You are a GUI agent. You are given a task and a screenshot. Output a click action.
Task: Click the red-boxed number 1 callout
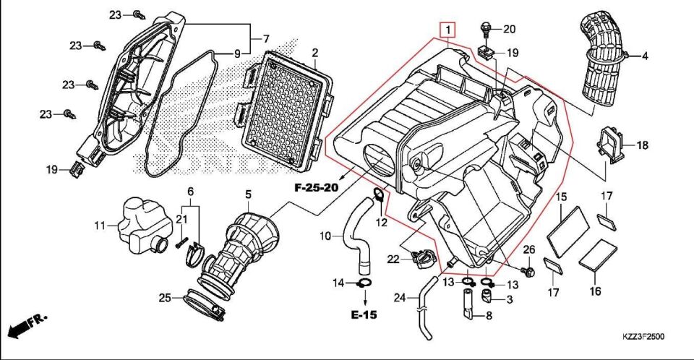click(448, 30)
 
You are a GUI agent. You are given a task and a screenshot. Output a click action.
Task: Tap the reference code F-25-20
click(317, 188)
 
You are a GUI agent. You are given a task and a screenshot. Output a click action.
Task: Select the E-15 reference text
click(364, 315)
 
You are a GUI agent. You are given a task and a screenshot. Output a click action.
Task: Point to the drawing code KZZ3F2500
click(643, 337)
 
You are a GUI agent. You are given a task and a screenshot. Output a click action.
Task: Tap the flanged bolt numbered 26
click(528, 271)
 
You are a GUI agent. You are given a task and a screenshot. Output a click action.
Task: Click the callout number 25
click(164, 298)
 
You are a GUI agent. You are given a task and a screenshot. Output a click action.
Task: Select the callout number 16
click(596, 292)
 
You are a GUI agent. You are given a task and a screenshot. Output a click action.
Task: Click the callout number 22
click(393, 260)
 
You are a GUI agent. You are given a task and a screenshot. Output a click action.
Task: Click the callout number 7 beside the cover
click(265, 38)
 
